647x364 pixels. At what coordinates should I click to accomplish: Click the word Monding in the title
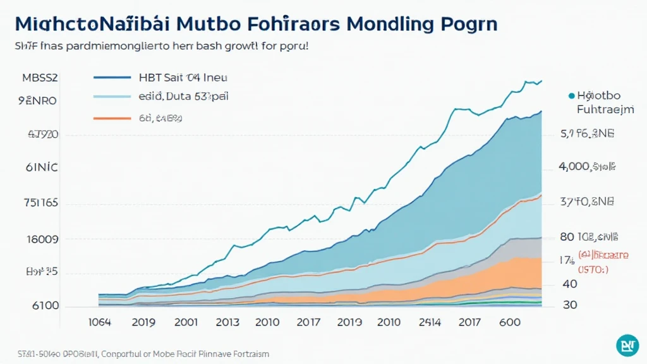click(390, 24)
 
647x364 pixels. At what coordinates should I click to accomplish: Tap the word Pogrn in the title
click(467, 24)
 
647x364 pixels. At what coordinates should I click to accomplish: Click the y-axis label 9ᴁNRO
click(38, 100)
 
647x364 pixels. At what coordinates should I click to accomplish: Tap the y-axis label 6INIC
click(41, 168)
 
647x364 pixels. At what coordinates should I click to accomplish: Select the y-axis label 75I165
click(40, 203)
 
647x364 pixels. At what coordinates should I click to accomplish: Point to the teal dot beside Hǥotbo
click(571, 96)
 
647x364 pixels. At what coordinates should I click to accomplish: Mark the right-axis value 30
click(569, 305)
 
